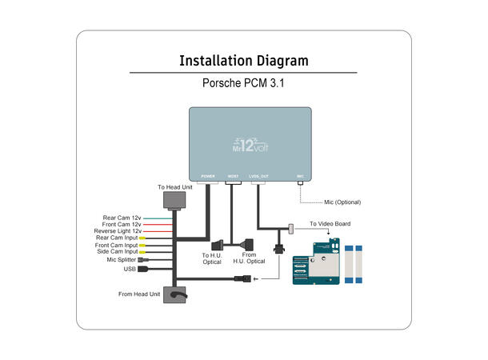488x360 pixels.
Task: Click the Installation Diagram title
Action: (243, 61)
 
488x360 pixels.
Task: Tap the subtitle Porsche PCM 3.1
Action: (243, 83)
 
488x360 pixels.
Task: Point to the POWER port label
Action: (206, 175)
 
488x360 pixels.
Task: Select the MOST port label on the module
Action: (234, 175)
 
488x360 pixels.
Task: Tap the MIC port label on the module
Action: (300, 175)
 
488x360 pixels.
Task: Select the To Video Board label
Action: (330, 224)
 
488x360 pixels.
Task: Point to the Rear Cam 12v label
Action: (122, 218)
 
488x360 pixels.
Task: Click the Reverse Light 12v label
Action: (118, 231)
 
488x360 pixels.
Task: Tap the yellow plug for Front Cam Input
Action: (142, 245)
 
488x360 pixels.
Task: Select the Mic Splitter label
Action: (122, 259)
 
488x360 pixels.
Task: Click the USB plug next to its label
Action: (142, 270)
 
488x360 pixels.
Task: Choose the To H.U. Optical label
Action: (211, 258)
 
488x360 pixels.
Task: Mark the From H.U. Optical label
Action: (249, 258)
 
